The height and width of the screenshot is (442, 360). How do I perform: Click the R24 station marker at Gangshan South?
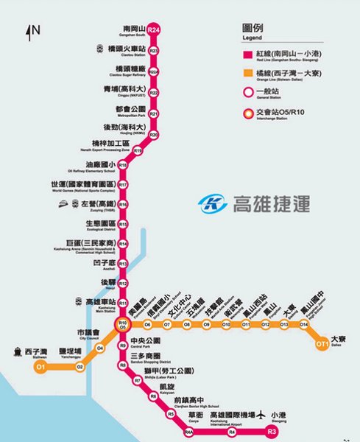pyautogui.click(x=154, y=29)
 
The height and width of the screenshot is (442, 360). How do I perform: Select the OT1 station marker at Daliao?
pyautogui.click(x=322, y=343)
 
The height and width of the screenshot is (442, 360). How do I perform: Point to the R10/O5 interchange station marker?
pyautogui.click(x=124, y=325)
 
